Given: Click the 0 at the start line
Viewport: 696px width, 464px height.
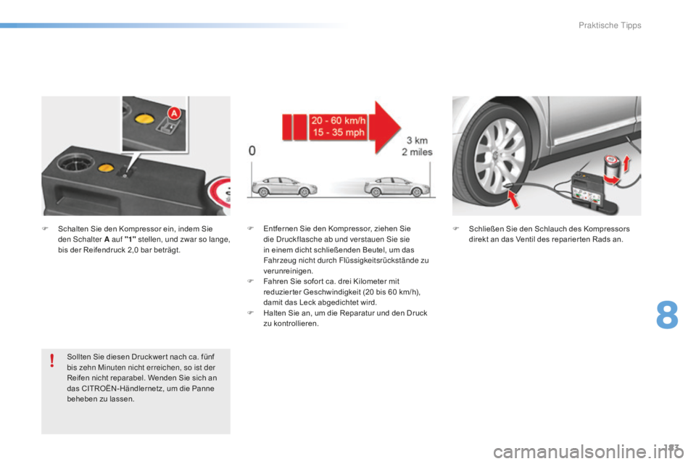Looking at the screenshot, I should tap(252, 152).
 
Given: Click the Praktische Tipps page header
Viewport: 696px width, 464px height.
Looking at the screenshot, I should tap(610, 25).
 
